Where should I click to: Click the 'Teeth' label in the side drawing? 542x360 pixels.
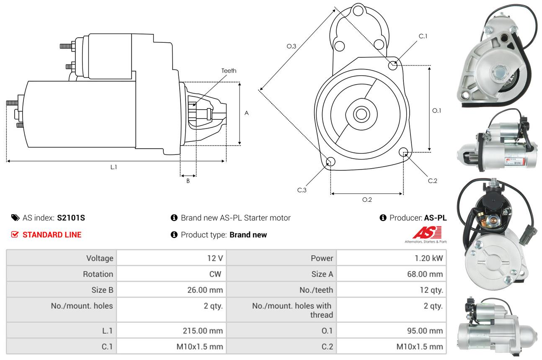coord(229,71)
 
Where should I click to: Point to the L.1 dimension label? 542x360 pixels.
coord(114,167)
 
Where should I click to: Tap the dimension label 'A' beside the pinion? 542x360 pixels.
coord(247,113)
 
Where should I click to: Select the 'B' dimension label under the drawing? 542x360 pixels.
coord(188,181)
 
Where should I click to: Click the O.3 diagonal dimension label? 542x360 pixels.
coord(292,46)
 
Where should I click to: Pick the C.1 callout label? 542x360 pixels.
coord(423,36)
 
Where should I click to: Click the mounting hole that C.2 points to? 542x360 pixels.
coord(404,152)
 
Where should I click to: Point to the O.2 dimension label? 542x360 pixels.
coord(367,200)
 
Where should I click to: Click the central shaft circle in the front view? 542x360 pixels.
coord(360,114)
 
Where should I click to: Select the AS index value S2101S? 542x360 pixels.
coord(71,218)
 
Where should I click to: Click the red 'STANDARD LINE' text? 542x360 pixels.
coord(52,235)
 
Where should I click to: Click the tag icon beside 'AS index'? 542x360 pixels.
coord(15,218)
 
